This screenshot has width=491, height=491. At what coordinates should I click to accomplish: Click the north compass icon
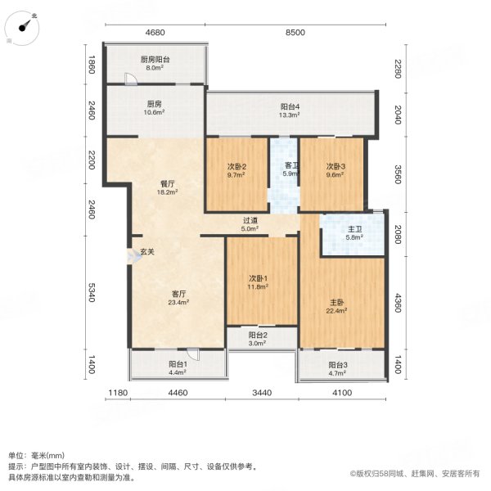tap(26, 25)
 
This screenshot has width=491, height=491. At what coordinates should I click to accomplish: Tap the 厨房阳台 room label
tap(154, 64)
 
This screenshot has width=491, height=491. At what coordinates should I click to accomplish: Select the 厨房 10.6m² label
tap(154, 108)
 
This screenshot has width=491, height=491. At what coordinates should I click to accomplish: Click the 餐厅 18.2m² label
tap(169, 188)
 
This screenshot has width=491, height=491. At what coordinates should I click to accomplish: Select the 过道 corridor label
tap(250, 225)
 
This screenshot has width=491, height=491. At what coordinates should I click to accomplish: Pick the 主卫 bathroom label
tap(350, 233)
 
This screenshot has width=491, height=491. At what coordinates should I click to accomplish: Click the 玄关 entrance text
tap(146, 252)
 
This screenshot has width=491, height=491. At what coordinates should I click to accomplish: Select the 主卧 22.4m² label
tap(337, 306)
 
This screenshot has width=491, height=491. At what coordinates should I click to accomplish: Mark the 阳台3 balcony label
tap(337, 369)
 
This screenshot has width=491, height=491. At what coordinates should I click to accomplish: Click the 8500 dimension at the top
tap(295, 33)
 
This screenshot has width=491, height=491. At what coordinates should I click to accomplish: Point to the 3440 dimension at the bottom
tap(261, 394)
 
